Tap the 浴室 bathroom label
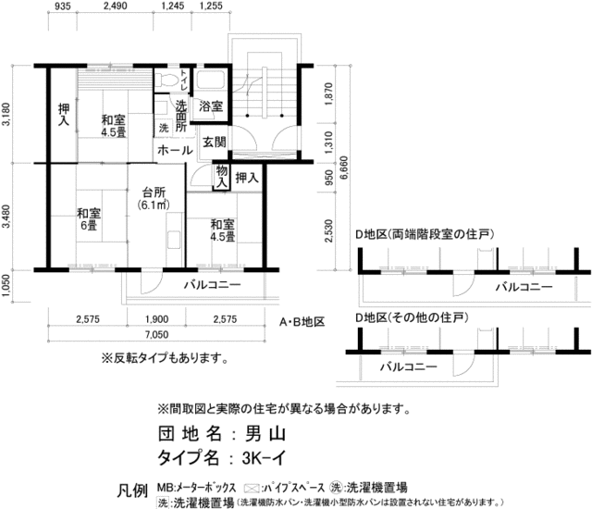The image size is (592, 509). coord(210,107)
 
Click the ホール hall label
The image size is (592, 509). coord(175,149)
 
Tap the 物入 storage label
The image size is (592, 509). coord(222,177)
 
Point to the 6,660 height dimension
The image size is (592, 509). coord(344,172)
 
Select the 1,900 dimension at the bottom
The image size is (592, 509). coord(155,320)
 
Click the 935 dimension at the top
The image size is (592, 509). coord(63,7)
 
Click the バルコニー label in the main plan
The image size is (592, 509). coord(211,284)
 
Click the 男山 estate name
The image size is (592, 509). coord(262,433)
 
